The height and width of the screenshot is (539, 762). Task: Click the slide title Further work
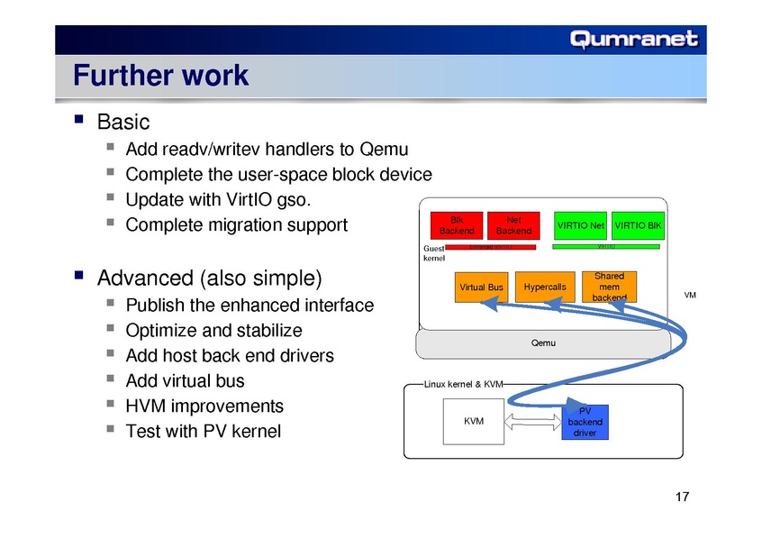[x=160, y=75]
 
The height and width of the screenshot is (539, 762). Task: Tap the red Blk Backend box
[x=457, y=224]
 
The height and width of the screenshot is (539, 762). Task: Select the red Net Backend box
[x=513, y=224]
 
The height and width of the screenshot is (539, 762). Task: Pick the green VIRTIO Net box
[x=580, y=224]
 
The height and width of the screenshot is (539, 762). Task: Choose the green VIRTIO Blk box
[x=637, y=224]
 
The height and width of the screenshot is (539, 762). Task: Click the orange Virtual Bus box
[x=481, y=288]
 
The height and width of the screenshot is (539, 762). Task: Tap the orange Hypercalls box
[x=544, y=288]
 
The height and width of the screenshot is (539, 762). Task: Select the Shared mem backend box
[x=609, y=287]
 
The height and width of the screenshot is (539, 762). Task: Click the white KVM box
[x=472, y=422]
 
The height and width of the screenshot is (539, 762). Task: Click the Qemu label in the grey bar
[x=543, y=343]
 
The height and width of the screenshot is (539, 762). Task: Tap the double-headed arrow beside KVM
[x=535, y=421]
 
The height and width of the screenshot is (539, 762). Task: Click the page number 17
[x=681, y=498]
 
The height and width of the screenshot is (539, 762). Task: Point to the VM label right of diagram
[x=690, y=295]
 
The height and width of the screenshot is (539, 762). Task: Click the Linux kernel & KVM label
[x=463, y=385]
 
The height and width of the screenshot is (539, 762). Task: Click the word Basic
[x=122, y=121]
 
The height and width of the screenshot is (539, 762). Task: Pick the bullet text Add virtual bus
[x=185, y=380]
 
